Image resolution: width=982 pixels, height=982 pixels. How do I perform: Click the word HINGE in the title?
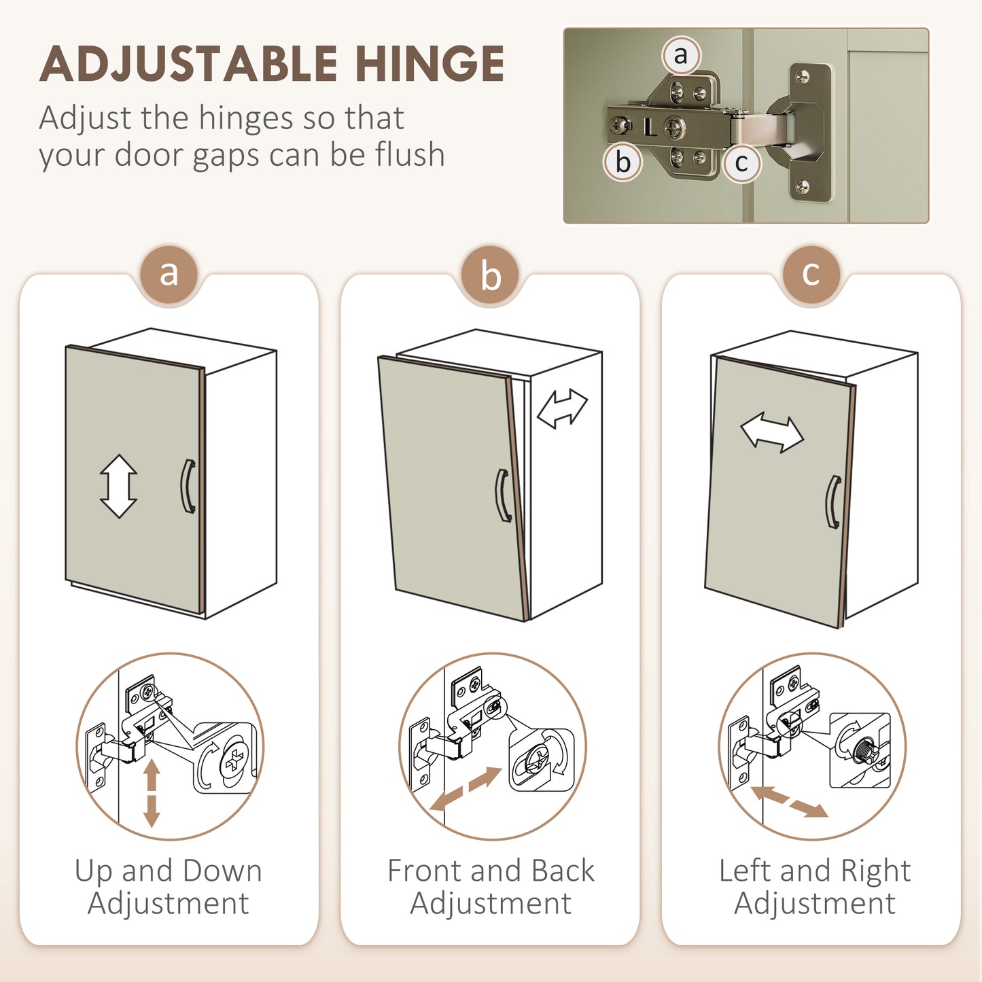(429, 64)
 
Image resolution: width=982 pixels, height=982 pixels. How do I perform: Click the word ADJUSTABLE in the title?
(188, 64)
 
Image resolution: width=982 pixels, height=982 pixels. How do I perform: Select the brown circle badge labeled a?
(169, 275)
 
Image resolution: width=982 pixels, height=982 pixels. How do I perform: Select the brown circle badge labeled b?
(490, 275)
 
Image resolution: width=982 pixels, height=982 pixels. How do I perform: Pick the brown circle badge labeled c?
(811, 275)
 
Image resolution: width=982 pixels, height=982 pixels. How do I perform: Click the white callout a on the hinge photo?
(681, 55)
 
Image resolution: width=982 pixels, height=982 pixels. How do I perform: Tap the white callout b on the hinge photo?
(622, 162)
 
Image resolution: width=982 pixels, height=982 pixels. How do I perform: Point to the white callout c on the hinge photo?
(741, 163)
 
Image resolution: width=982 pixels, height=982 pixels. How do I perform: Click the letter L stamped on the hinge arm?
(650, 127)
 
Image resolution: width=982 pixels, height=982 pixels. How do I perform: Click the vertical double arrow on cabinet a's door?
(119, 486)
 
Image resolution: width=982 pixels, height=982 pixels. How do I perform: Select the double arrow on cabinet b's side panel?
(562, 408)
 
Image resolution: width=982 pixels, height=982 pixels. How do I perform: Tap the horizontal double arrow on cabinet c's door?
(772, 433)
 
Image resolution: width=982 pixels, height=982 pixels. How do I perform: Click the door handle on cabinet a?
(188, 486)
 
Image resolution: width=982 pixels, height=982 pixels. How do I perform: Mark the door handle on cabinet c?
(832, 502)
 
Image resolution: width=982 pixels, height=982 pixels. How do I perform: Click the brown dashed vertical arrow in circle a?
(152, 793)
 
